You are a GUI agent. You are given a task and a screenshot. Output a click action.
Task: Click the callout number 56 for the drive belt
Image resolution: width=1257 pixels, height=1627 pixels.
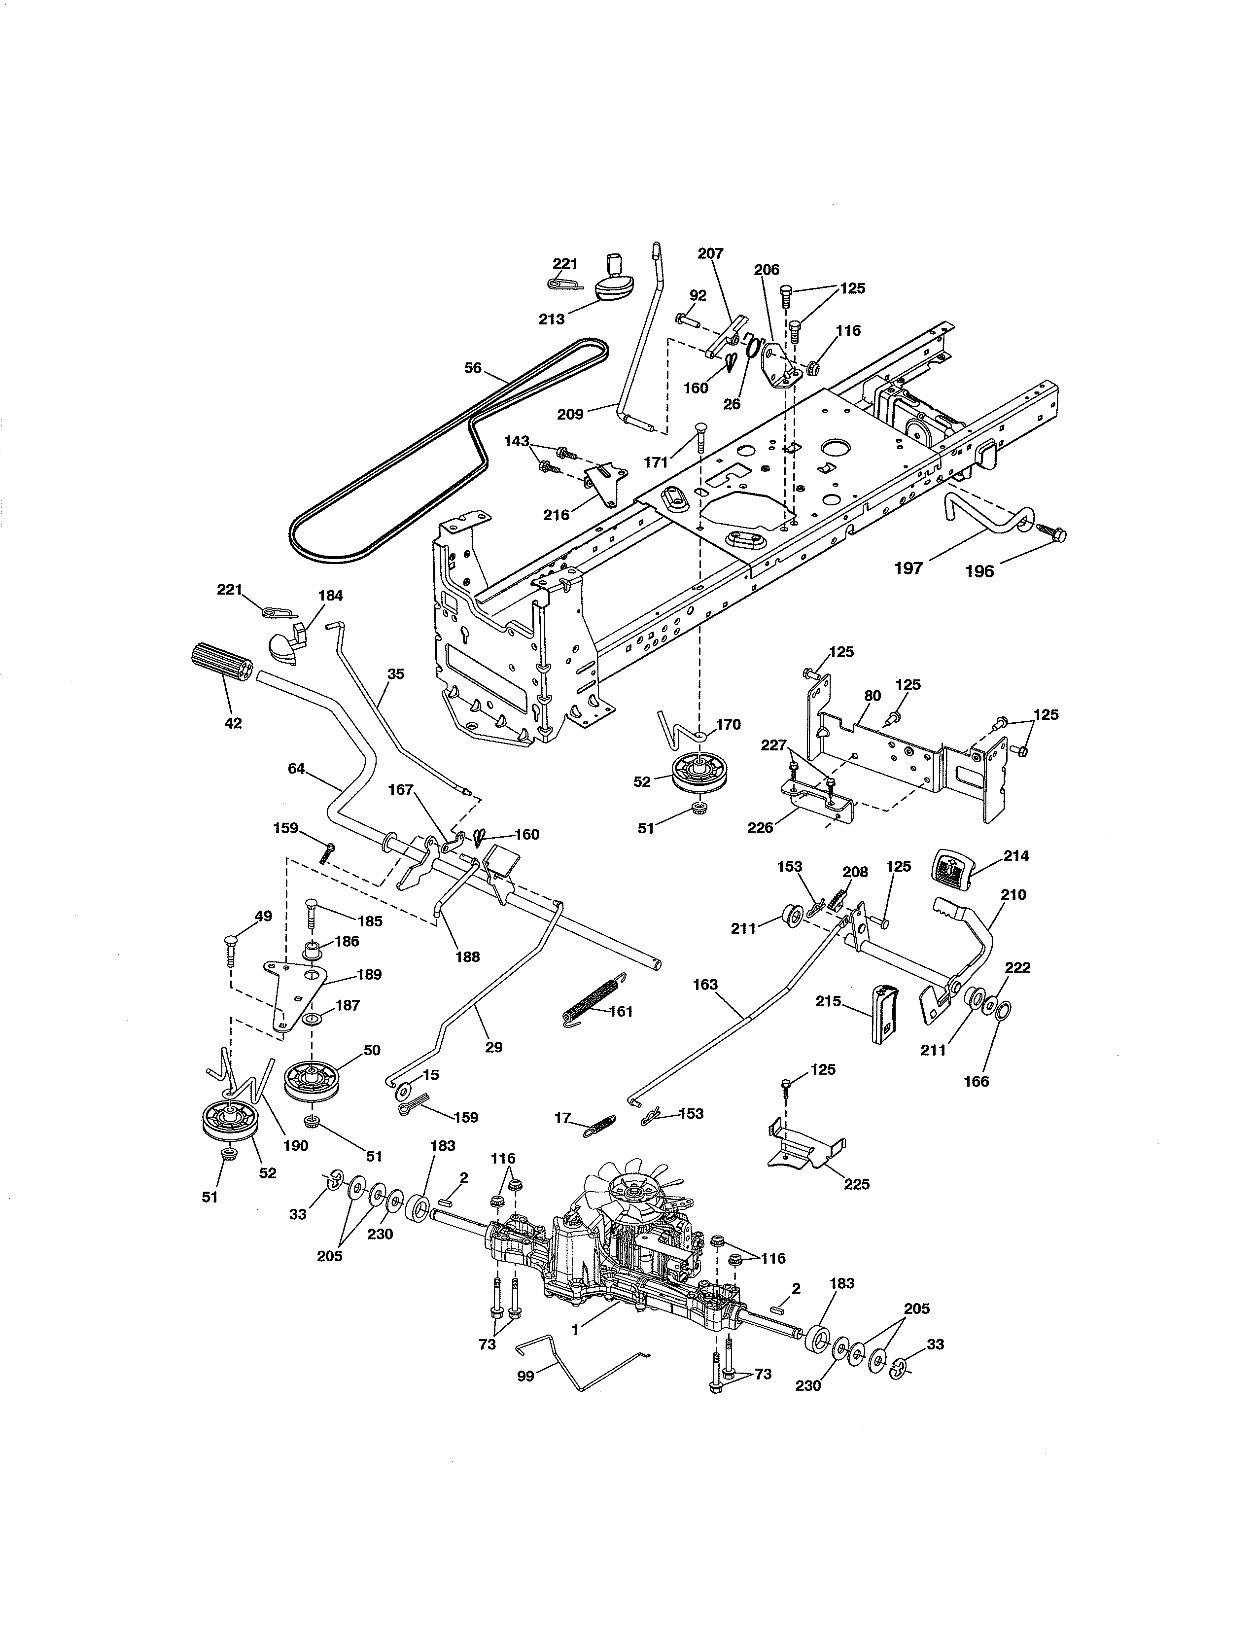click(x=473, y=368)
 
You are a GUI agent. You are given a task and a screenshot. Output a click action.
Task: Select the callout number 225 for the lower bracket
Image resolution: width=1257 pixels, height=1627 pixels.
click(x=856, y=1184)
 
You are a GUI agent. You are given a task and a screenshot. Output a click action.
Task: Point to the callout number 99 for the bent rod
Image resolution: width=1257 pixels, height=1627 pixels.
click(x=526, y=1376)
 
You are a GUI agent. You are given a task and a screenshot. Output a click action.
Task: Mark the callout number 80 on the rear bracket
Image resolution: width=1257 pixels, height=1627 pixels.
click(x=872, y=696)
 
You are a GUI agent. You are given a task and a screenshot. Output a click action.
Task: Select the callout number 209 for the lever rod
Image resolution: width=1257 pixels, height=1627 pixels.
click(x=570, y=414)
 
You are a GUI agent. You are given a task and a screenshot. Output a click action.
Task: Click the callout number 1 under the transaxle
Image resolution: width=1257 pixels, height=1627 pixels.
click(x=574, y=1330)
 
